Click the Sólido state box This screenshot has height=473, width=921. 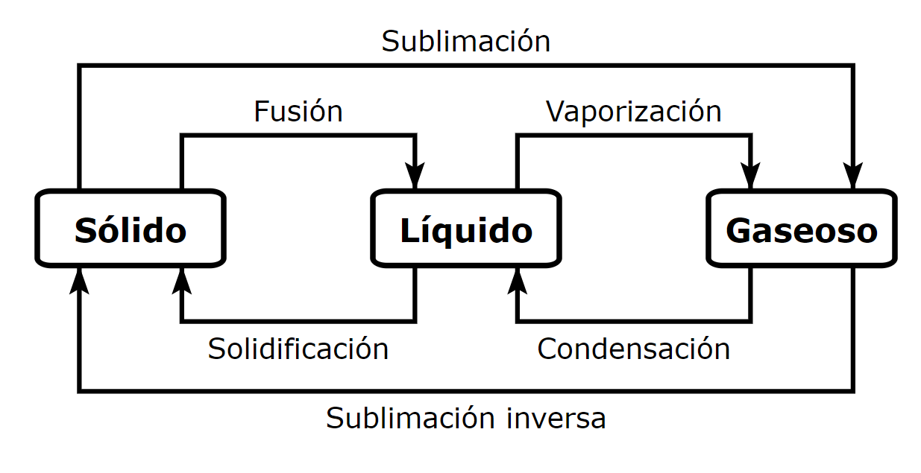click(x=130, y=229)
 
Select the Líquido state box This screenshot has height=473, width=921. click(x=466, y=229)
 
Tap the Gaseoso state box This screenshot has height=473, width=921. click(x=801, y=229)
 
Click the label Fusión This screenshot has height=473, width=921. click(x=298, y=112)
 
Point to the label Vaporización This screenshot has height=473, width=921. click(x=633, y=112)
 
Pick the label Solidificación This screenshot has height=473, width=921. click(x=298, y=349)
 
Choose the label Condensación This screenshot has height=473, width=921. click(x=633, y=349)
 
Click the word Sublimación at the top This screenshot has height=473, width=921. click(x=465, y=42)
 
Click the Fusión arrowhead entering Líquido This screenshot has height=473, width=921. click(x=415, y=177)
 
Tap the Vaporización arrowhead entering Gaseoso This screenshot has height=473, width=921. click(x=750, y=177)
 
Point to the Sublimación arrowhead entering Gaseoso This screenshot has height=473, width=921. click(x=853, y=177)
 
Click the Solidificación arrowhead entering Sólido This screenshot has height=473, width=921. click(x=181, y=281)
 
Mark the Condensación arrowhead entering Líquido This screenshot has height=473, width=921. click(x=517, y=281)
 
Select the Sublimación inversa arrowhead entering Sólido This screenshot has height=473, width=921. click(x=79, y=281)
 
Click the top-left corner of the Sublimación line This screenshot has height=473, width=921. click(x=79, y=66)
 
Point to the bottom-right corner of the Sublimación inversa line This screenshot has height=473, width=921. click(x=853, y=390)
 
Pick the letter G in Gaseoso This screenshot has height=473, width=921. click(x=738, y=230)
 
